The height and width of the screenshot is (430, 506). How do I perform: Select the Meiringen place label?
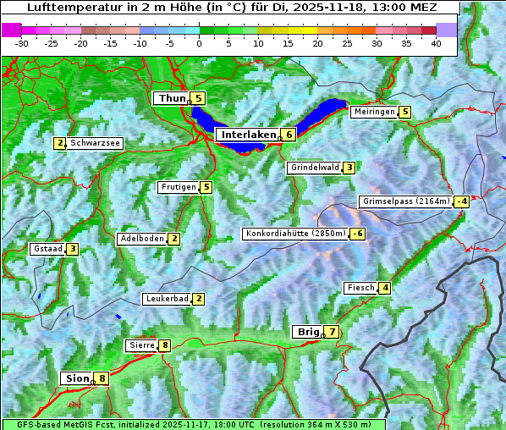[x=374, y=112]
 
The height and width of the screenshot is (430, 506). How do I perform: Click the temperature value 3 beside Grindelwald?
[x=349, y=168]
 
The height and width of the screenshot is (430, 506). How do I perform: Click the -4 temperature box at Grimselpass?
[x=461, y=201]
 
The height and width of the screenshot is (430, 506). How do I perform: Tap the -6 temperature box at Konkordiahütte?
[x=358, y=234]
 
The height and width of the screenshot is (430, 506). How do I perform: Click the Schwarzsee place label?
[x=96, y=143]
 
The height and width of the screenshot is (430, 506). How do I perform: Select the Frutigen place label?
[x=178, y=187]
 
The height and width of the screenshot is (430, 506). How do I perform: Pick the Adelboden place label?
[x=141, y=239]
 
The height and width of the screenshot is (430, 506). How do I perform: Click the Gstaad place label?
[x=47, y=249]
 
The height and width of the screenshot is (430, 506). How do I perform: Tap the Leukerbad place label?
[x=166, y=299]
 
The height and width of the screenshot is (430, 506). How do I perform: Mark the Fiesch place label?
[x=360, y=288]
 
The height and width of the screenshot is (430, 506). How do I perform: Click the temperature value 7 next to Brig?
[x=332, y=332]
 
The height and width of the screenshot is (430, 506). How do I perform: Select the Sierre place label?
[x=141, y=345]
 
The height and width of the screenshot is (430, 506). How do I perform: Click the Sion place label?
[x=75, y=378]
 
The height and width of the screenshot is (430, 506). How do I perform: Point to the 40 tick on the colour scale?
[x=436, y=42]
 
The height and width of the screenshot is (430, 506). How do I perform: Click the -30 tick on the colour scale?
[x=22, y=42]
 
